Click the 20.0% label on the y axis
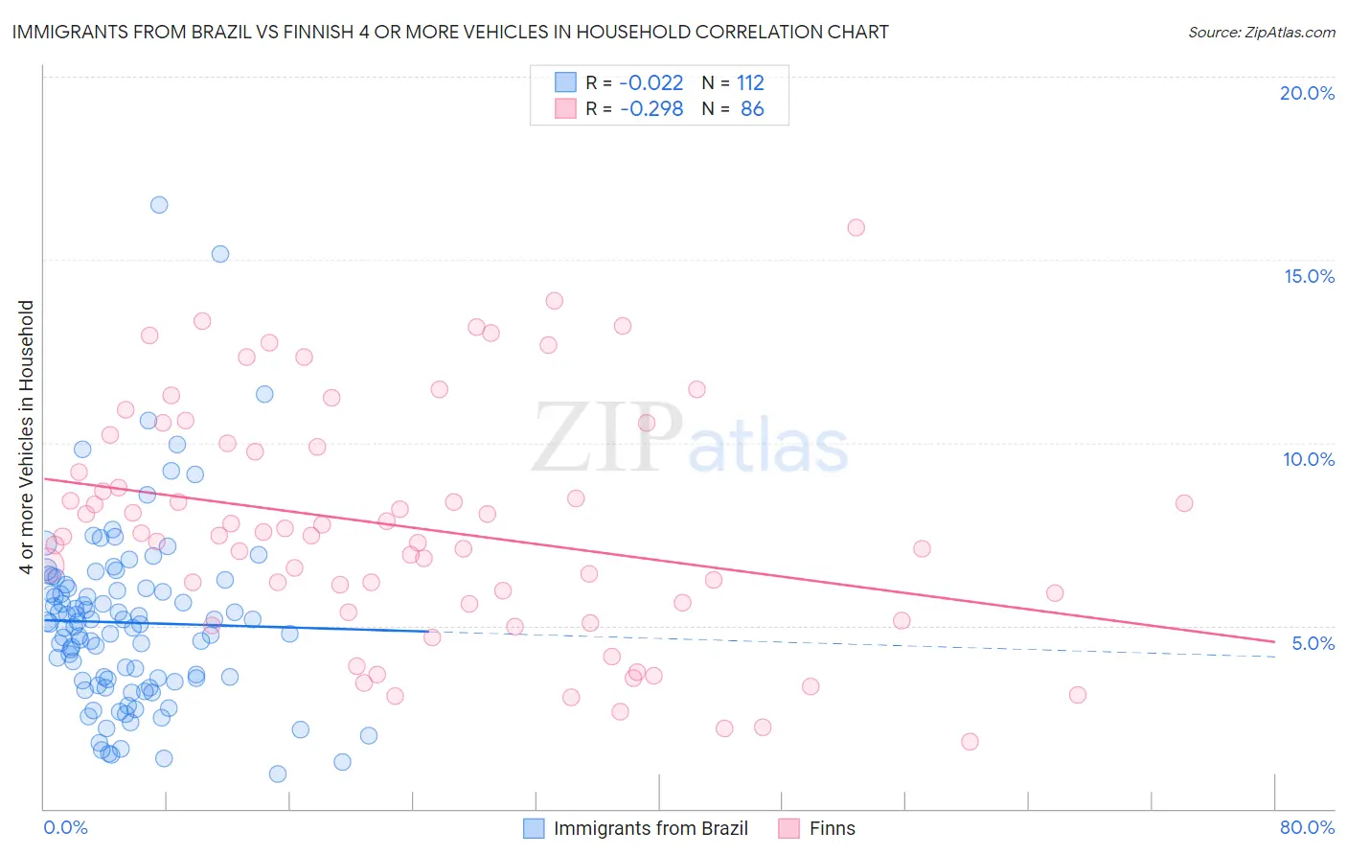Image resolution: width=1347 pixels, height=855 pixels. click(x=1307, y=93)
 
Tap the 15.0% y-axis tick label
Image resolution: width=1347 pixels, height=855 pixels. click(x=1309, y=276)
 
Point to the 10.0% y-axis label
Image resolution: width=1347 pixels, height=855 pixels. click(x=1309, y=459)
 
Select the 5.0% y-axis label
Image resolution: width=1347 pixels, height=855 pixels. click(x=1313, y=643)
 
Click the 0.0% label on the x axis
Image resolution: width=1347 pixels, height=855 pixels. click(x=65, y=827)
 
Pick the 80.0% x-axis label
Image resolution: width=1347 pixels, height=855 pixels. click(x=1307, y=827)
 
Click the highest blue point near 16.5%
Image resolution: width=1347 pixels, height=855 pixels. click(x=159, y=205)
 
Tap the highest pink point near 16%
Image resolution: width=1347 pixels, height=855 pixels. click(x=856, y=228)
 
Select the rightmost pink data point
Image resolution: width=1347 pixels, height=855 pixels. click(x=1184, y=503)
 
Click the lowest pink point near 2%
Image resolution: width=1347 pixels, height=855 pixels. click(x=970, y=741)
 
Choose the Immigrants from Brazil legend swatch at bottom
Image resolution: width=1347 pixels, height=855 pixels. click(x=534, y=828)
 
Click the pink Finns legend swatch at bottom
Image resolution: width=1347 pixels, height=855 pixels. click(x=789, y=828)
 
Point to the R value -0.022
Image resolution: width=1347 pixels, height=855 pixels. click(x=651, y=83)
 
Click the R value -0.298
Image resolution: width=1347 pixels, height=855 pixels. click(x=651, y=109)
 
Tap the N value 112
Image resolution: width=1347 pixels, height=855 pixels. click(x=750, y=83)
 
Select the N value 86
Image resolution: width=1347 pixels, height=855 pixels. click(x=752, y=109)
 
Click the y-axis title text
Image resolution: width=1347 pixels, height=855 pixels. click(x=26, y=437)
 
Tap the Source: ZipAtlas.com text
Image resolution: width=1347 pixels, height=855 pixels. click(x=1261, y=33)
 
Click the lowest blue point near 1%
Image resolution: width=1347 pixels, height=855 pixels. click(x=278, y=774)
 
